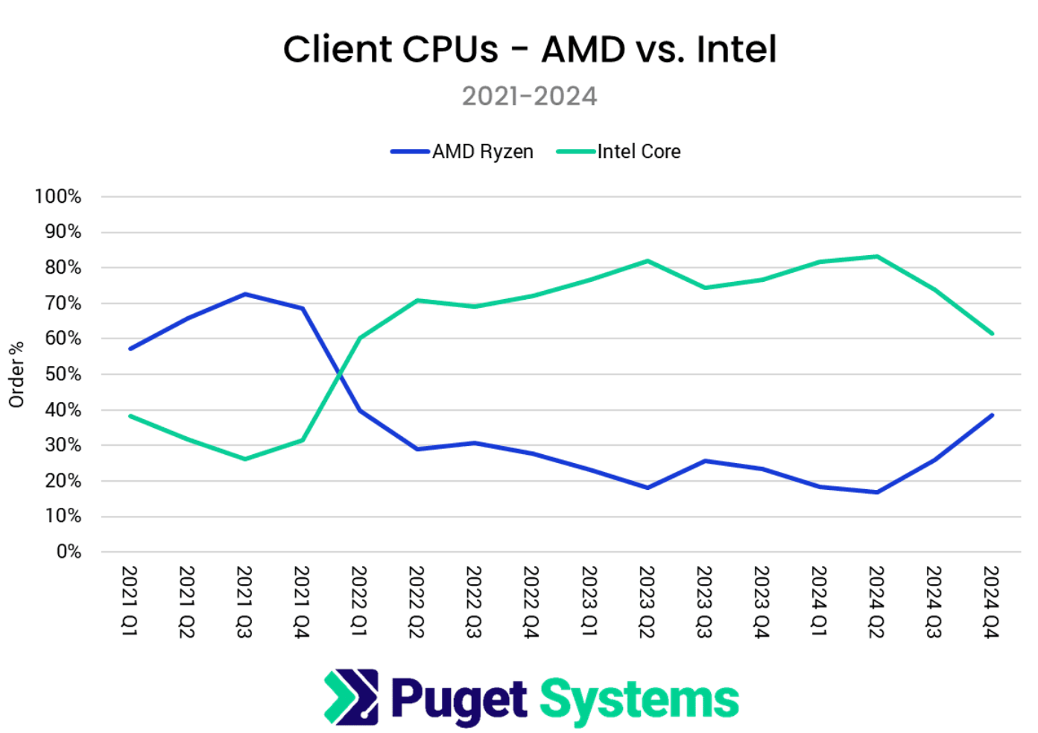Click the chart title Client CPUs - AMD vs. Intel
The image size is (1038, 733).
point(529,50)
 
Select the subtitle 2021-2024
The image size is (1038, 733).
point(529,96)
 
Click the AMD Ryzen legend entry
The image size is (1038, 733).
point(482,151)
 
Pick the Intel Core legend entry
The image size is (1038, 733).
point(639,151)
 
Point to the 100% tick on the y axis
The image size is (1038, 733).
point(58,197)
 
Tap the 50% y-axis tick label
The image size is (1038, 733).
point(63,374)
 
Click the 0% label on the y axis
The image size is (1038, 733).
point(69,552)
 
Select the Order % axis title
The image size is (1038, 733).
point(16,374)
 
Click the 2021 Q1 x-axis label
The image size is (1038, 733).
point(130,601)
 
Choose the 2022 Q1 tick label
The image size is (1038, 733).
point(359,601)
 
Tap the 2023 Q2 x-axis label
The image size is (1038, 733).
point(647,601)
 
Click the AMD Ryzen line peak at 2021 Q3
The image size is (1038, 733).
point(245,294)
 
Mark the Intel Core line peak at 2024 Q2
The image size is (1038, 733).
point(877,257)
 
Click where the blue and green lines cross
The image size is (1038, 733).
point(340,374)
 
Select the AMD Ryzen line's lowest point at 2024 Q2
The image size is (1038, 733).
point(877,492)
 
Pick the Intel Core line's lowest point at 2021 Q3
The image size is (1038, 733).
point(245,459)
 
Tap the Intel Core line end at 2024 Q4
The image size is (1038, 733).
point(992,333)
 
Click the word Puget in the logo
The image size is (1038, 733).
point(459,700)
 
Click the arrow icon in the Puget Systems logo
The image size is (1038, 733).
point(351,697)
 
